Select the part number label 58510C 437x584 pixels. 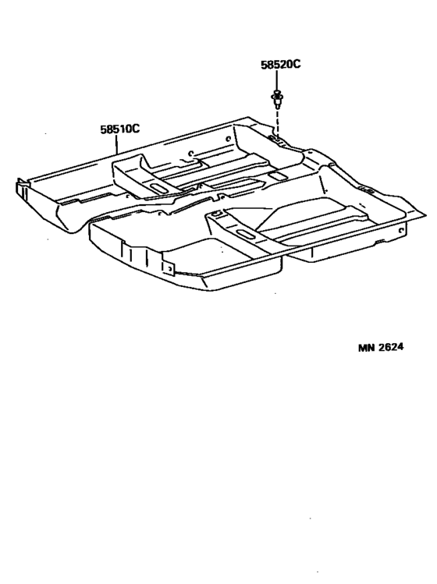tap(119, 129)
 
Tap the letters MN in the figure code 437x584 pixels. tap(367, 348)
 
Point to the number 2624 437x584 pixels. tap(391, 347)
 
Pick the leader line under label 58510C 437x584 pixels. tap(117, 144)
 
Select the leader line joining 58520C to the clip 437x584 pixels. tap(277, 80)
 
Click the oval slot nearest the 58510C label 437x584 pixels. tap(158, 188)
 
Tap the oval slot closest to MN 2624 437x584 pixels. tap(245, 234)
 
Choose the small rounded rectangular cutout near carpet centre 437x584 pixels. tap(276, 175)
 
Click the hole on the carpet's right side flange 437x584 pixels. tap(400, 231)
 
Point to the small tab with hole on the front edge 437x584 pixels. tap(169, 268)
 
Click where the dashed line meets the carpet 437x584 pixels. tap(278, 137)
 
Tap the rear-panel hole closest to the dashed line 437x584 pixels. tap(228, 140)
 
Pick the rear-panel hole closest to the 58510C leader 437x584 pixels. tap(190, 153)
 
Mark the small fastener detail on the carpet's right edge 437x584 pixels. tap(369, 192)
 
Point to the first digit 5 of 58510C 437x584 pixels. tap(103, 129)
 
